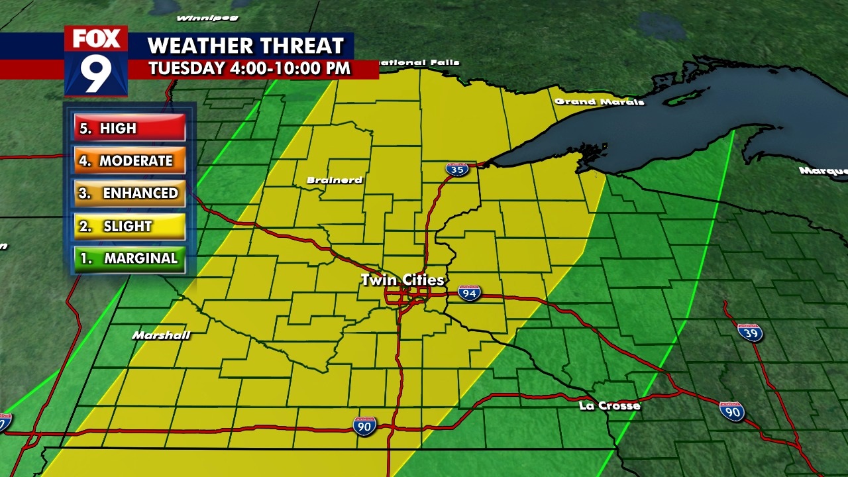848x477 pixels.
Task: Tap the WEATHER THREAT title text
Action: point(246,46)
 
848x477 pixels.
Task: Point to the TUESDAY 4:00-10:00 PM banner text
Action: point(249,68)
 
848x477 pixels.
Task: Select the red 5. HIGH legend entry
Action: point(130,129)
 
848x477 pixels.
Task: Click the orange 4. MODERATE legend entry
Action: point(130,161)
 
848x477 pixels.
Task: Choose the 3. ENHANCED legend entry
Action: point(130,193)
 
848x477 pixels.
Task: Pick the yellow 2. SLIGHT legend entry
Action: point(130,226)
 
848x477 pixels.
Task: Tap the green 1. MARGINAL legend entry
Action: point(130,258)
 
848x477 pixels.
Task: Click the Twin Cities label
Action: point(402,280)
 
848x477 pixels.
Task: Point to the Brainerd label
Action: point(335,180)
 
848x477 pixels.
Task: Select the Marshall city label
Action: point(161,335)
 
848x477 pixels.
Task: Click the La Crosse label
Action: point(609,405)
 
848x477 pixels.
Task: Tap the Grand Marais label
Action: point(599,101)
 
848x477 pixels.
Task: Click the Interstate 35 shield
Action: point(456,169)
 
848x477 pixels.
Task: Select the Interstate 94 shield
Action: point(469,292)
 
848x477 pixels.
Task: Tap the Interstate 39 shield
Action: point(749,332)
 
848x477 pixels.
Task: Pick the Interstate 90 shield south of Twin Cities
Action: point(364,426)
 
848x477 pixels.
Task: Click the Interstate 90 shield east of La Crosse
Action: point(731,411)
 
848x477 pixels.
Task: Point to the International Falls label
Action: point(419,63)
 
